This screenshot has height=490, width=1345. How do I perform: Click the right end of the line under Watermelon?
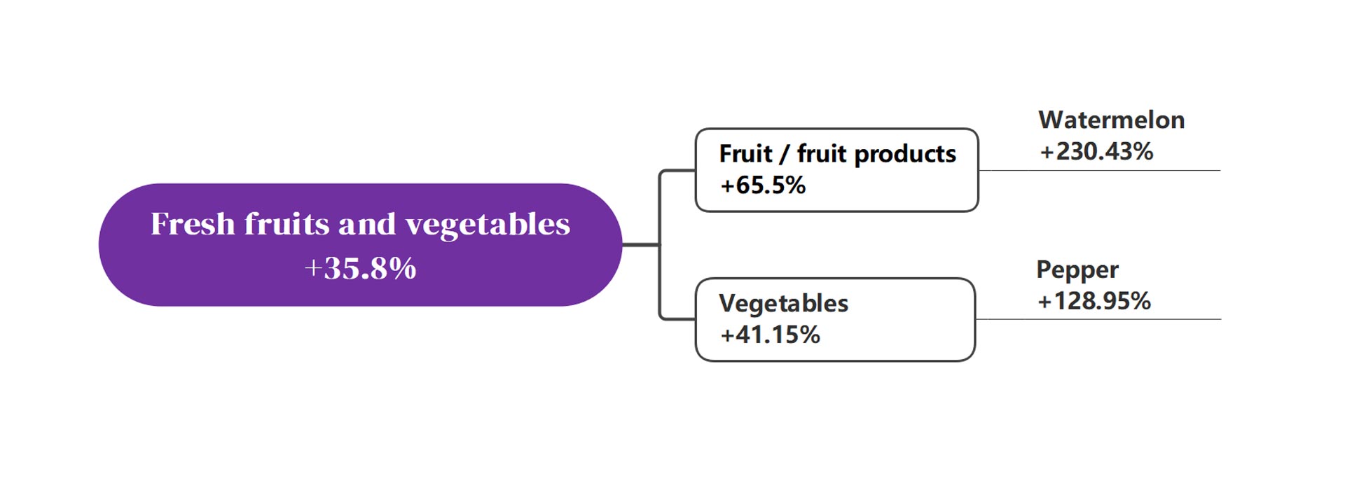(x=1220, y=170)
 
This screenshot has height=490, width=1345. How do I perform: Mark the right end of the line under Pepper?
(x=1220, y=319)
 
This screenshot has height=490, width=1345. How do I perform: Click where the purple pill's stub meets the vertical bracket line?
(x=660, y=244)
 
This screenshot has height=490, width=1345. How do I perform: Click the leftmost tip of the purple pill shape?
(x=99, y=244)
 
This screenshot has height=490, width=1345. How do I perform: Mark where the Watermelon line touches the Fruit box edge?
(x=979, y=170)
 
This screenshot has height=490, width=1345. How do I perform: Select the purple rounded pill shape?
(x=360, y=244)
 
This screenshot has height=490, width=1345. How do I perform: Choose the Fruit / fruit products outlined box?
(x=836, y=170)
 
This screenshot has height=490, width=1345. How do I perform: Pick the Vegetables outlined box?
(x=835, y=319)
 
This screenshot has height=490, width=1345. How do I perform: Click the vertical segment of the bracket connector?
(x=660, y=244)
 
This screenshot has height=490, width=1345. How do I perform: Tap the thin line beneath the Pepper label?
(x=1098, y=319)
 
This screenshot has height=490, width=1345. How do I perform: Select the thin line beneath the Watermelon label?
(x=1099, y=170)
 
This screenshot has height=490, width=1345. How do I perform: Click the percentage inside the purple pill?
(x=360, y=268)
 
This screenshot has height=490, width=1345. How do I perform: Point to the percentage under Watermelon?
(x=1096, y=151)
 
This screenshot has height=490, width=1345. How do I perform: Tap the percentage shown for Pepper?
(x=1094, y=301)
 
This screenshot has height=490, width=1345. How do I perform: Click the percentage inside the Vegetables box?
(x=770, y=335)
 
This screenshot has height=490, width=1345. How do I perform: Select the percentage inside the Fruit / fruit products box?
(x=763, y=185)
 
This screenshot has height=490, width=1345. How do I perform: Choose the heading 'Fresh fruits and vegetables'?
(x=360, y=225)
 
